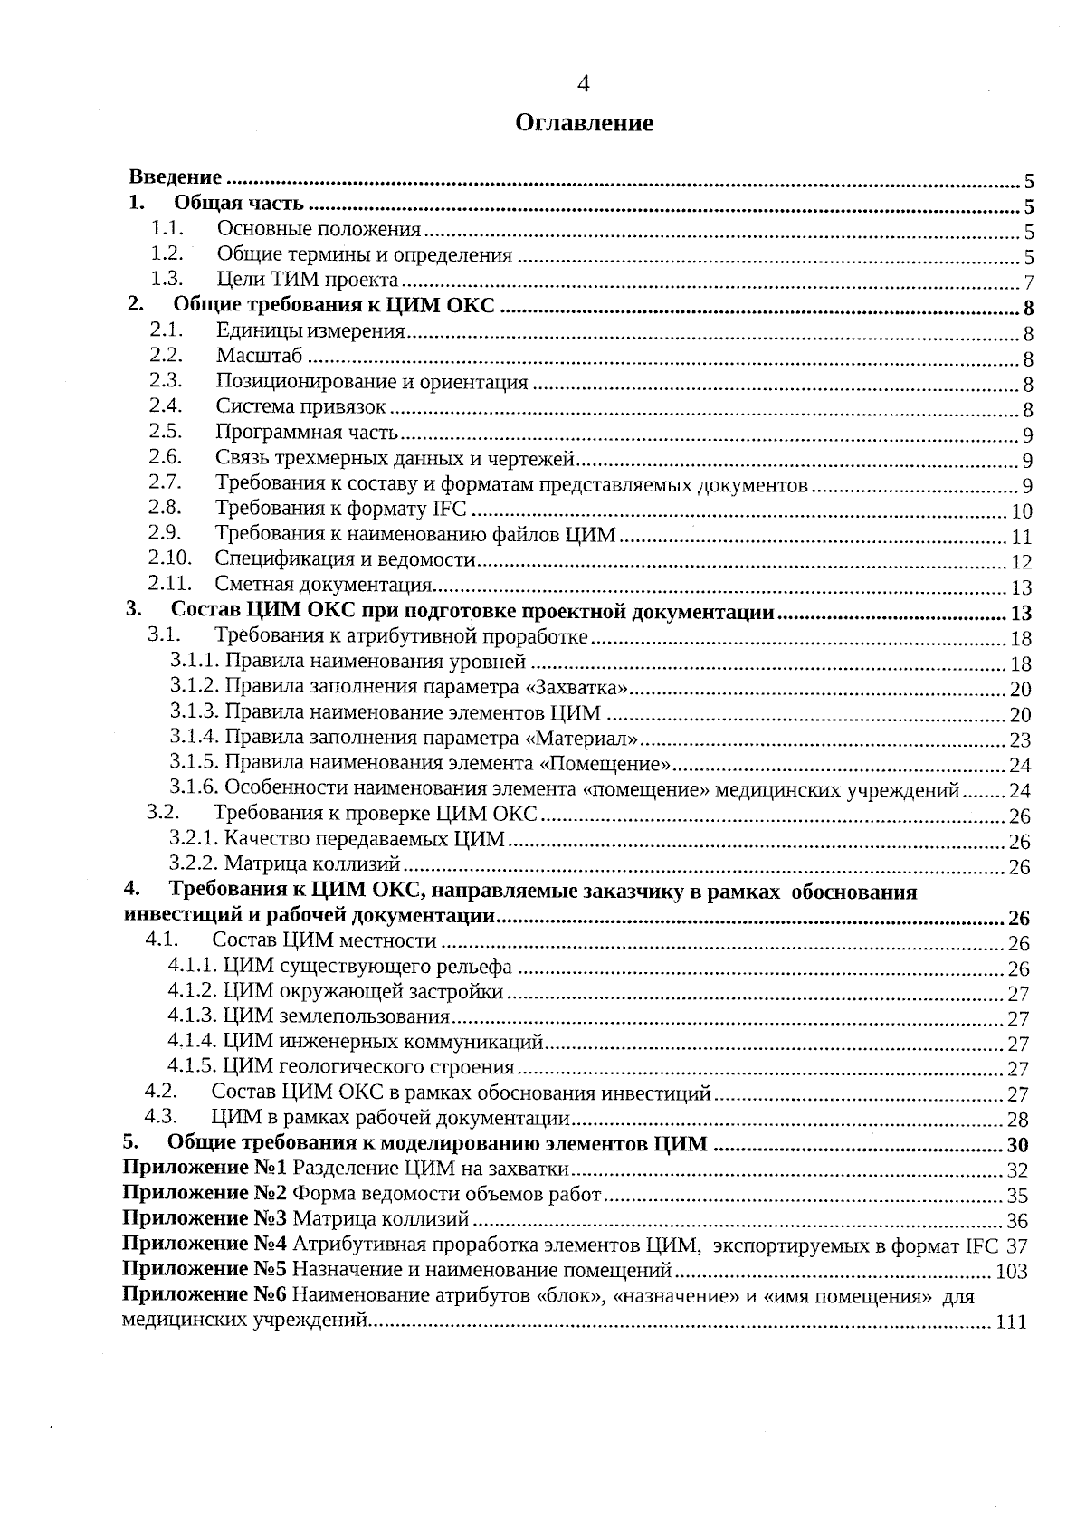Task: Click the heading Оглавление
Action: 584,123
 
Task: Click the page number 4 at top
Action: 583,84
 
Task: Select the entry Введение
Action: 176,176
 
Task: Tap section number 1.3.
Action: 167,279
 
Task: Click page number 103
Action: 1011,1272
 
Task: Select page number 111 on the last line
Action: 1010,1322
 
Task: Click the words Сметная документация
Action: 323,586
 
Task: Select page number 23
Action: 1020,740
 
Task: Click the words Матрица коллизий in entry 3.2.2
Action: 311,864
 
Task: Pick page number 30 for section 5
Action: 1018,1145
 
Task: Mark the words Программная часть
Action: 307,433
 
